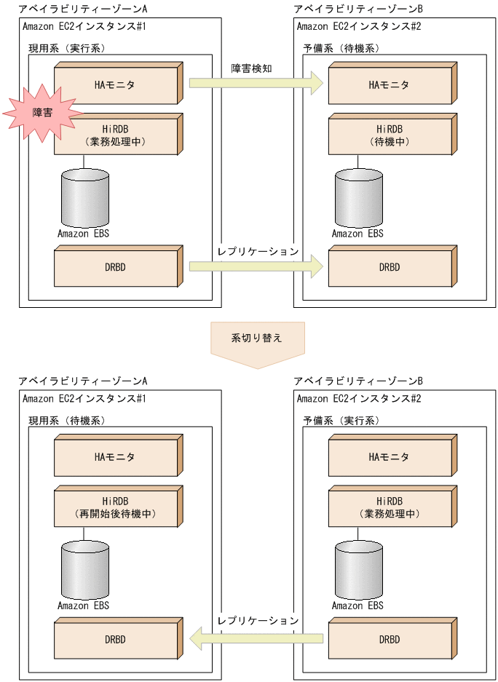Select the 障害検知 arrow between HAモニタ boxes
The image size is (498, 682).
click(255, 83)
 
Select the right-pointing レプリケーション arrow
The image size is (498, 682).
click(255, 266)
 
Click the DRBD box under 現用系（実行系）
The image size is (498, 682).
click(116, 268)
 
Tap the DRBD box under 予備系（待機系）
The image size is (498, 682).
click(390, 268)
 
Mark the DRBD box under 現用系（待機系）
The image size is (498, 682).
click(116, 640)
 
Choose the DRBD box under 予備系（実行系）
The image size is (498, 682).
click(390, 640)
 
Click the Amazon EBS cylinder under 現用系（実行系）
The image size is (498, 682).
click(84, 198)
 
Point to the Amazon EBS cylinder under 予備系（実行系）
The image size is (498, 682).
click(359, 570)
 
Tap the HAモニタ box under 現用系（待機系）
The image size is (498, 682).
click(116, 458)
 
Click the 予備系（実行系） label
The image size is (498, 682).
click(341, 421)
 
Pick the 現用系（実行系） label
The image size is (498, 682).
click(66, 49)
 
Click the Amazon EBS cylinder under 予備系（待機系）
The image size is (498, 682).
click(359, 198)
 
